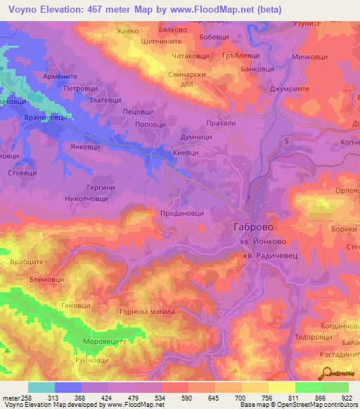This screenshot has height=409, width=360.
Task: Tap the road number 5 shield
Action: coord(287,141)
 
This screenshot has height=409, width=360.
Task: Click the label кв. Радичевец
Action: coord(271,257)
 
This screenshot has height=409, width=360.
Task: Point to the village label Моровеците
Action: coord(104,340)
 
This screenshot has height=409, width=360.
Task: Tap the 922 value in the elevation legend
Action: coord(347,398)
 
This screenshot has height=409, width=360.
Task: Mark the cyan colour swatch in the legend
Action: coord(41,387)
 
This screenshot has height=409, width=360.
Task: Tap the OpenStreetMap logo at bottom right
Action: coord(340,375)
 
